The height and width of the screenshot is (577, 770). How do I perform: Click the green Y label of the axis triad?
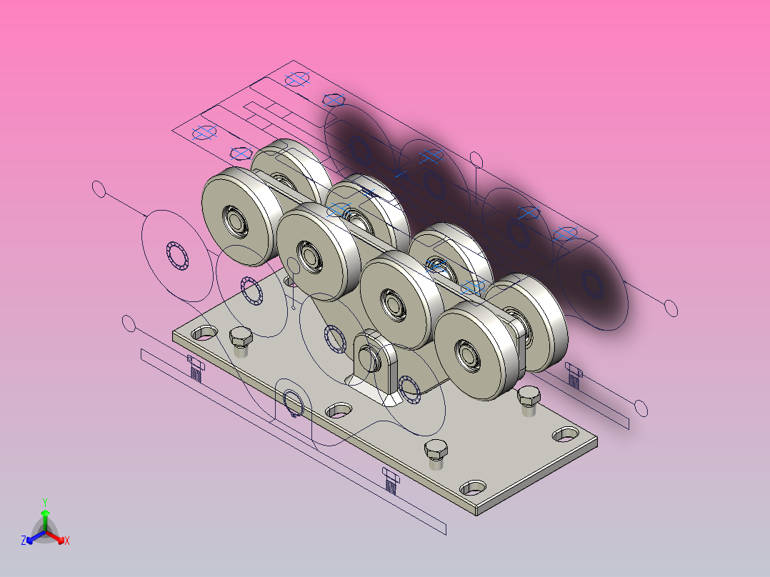pyautogui.click(x=45, y=502)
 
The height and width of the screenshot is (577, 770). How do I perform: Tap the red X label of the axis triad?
pyautogui.click(x=67, y=541)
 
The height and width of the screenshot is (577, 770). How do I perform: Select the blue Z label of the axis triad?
pyautogui.click(x=24, y=541)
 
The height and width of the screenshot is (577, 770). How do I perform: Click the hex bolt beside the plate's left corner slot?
pyautogui.click(x=241, y=341)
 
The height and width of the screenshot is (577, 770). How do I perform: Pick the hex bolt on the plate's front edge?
pyautogui.click(x=436, y=453)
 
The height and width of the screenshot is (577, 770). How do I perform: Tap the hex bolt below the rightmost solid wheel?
pyautogui.click(x=529, y=400)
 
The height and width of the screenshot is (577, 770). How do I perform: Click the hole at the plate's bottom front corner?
pyautogui.click(x=473, y=488)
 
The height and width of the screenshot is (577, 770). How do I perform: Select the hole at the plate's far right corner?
pyautogui.click(x=566, y=434)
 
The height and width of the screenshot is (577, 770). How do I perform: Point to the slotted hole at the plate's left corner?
pyautogui.click(x=204, y=333)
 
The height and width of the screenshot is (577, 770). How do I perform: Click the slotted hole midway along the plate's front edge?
pyautogui.click(x=339, y=410)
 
